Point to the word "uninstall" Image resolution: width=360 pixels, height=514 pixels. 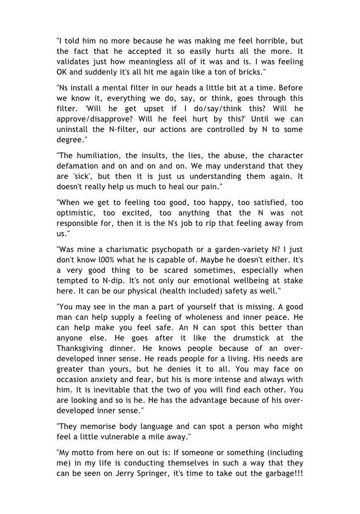(x=74, y=130)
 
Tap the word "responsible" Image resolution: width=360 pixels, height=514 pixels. (x=79, y=224)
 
